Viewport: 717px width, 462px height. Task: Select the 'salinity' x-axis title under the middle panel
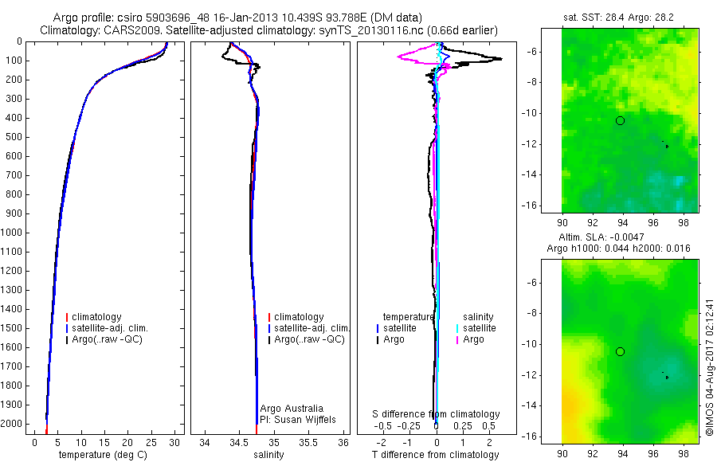[275, 455]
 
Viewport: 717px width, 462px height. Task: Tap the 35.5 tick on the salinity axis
[309, 442]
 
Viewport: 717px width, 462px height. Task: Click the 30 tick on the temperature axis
[175, 442]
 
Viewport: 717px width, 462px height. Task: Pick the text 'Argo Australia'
[292, 409]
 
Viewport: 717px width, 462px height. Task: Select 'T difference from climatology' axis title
[435, 455]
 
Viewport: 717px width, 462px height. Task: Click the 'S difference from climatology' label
[437, 414]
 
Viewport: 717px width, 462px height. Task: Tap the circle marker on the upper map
[620, 120]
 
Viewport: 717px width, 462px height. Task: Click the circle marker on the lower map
[620, 351]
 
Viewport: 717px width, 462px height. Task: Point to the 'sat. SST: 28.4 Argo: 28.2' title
[619, 16]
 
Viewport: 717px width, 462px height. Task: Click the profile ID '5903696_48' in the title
[171, 18]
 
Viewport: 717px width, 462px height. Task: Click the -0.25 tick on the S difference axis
[413, 426]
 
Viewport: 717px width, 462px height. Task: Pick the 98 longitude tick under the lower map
[684, 451]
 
